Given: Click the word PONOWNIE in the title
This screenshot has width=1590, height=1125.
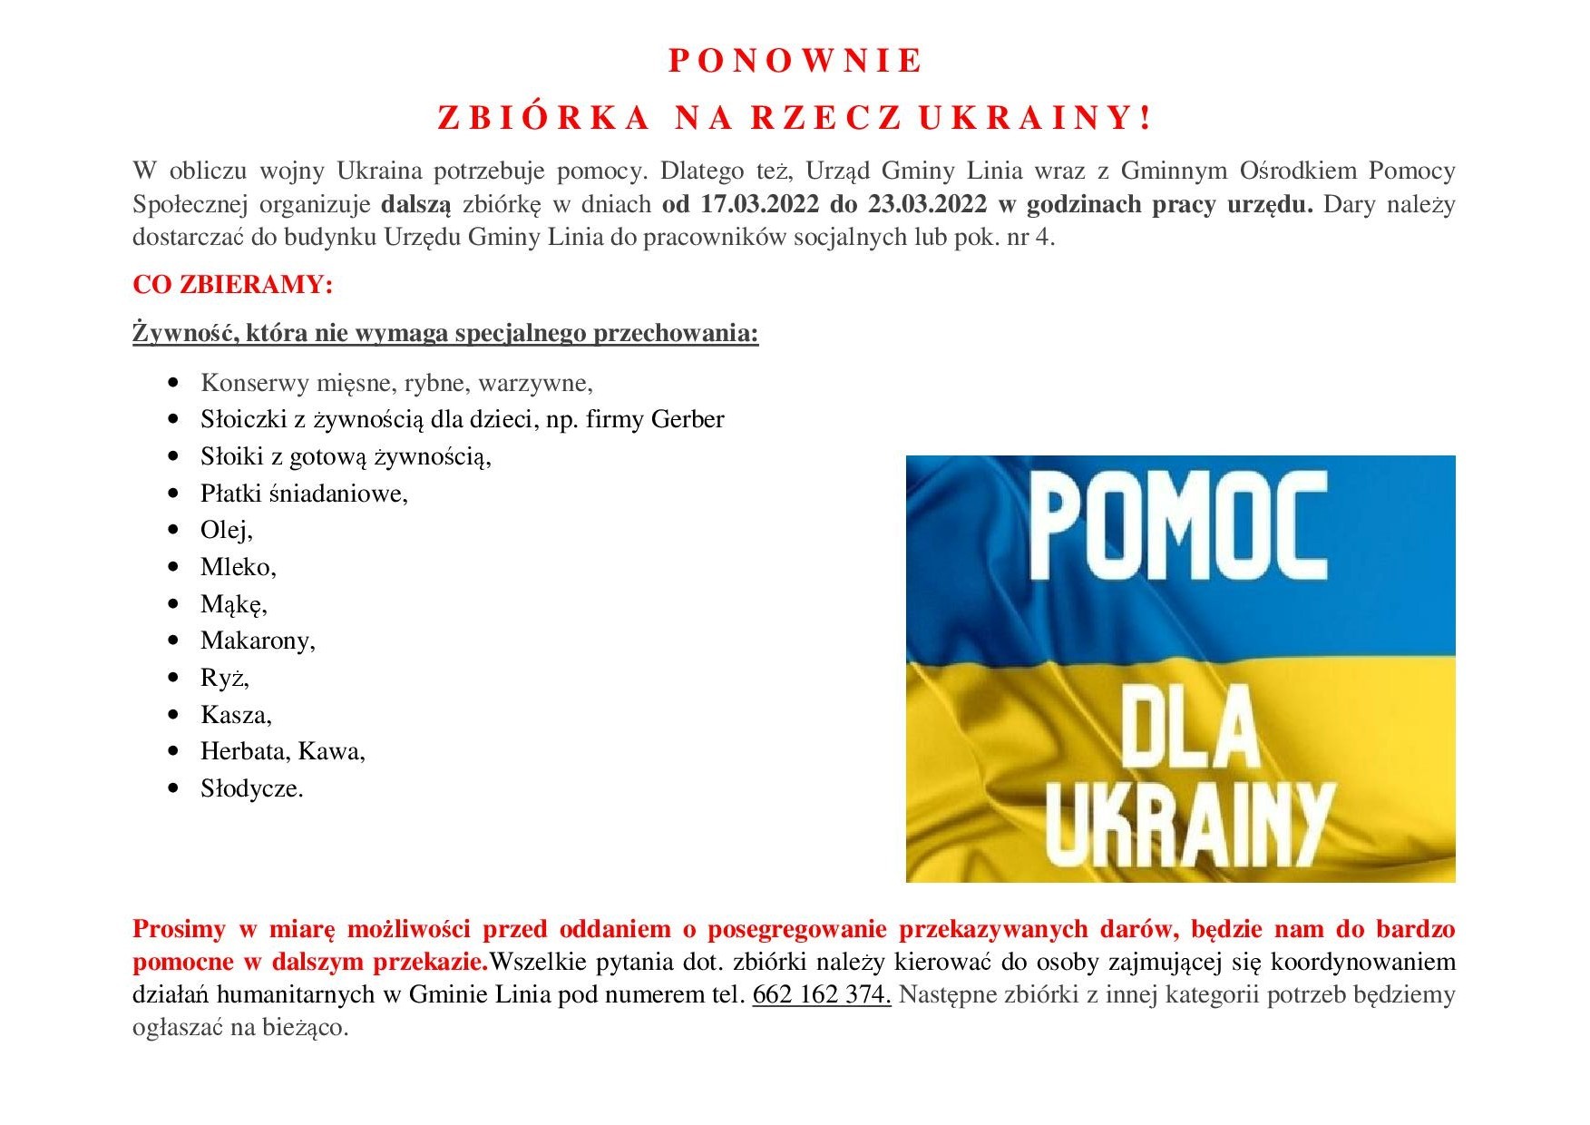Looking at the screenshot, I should tap(795, 61).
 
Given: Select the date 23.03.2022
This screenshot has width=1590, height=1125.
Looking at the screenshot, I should tap(927, 203).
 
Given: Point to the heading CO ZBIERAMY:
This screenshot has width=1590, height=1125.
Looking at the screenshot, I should tap(233, 285).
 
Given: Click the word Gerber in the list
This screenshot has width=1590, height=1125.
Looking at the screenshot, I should tap(688, 419).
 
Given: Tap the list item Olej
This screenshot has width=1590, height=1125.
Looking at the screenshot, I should tap(226, 530).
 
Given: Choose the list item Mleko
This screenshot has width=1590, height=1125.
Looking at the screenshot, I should tap(238, 567).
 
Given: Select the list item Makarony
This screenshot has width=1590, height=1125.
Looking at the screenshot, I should tap(258, 641).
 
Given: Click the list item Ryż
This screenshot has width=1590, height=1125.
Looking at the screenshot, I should tap(224, 678).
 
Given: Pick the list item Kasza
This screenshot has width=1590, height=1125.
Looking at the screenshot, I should tap(236, 715).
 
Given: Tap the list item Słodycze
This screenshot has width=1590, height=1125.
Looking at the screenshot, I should tap(251, 788).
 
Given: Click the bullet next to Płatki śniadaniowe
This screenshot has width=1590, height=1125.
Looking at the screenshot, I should tap(174, 494).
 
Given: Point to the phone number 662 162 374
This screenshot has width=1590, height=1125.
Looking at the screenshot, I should tap(821, 994).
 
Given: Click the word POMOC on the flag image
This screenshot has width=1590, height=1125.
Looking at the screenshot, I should tap(1179, 528).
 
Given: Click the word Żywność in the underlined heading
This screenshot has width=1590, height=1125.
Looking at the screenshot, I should tap(185, 333).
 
